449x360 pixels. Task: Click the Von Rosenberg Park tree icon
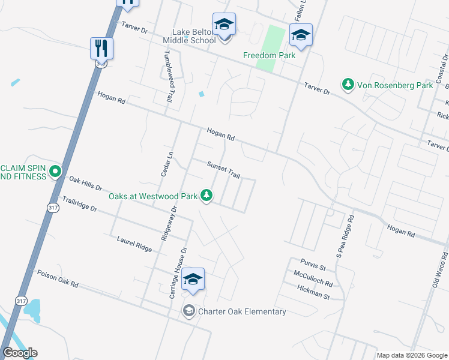[348, 85]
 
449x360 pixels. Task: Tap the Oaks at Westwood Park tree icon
[206, 196]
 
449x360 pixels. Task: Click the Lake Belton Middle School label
[189, 36]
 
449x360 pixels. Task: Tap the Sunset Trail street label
[223, 170]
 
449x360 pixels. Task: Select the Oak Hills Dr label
[86, 183]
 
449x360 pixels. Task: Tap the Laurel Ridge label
[134, 243]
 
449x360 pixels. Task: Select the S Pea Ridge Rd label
[346, 237]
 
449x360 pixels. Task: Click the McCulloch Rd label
[313, 278]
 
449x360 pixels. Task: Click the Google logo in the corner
[20, 353]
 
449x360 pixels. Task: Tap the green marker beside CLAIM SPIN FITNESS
[55, 172]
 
